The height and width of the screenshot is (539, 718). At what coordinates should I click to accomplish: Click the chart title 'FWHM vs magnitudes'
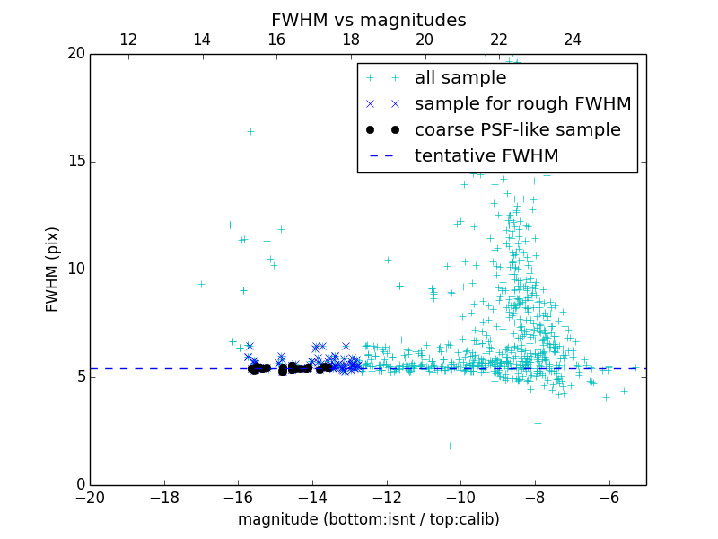tap(368, 20)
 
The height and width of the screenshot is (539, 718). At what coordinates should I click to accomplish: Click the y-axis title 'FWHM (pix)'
tap(53, 269)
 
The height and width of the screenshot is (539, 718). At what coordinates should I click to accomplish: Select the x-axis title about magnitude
tap(368, 519)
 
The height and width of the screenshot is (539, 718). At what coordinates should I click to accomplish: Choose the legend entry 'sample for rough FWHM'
tap(522, 104)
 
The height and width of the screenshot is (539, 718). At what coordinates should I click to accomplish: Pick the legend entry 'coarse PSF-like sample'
tap(517, 130)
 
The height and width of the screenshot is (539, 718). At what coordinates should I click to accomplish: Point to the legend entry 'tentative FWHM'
tap(486, 156)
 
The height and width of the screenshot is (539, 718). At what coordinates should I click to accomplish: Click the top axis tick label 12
tap(127, 40)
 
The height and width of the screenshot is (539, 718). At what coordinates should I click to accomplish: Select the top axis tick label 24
tap(573, 40)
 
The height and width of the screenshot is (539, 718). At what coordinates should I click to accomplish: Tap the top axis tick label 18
tap(350, 40)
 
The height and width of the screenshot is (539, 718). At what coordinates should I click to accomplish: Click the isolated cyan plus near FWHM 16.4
tap(250, 131)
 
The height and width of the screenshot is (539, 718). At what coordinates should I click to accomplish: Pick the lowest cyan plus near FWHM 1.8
tap(450, 446)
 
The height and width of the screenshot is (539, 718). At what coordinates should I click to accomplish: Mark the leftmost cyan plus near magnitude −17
tap(201, 284)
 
